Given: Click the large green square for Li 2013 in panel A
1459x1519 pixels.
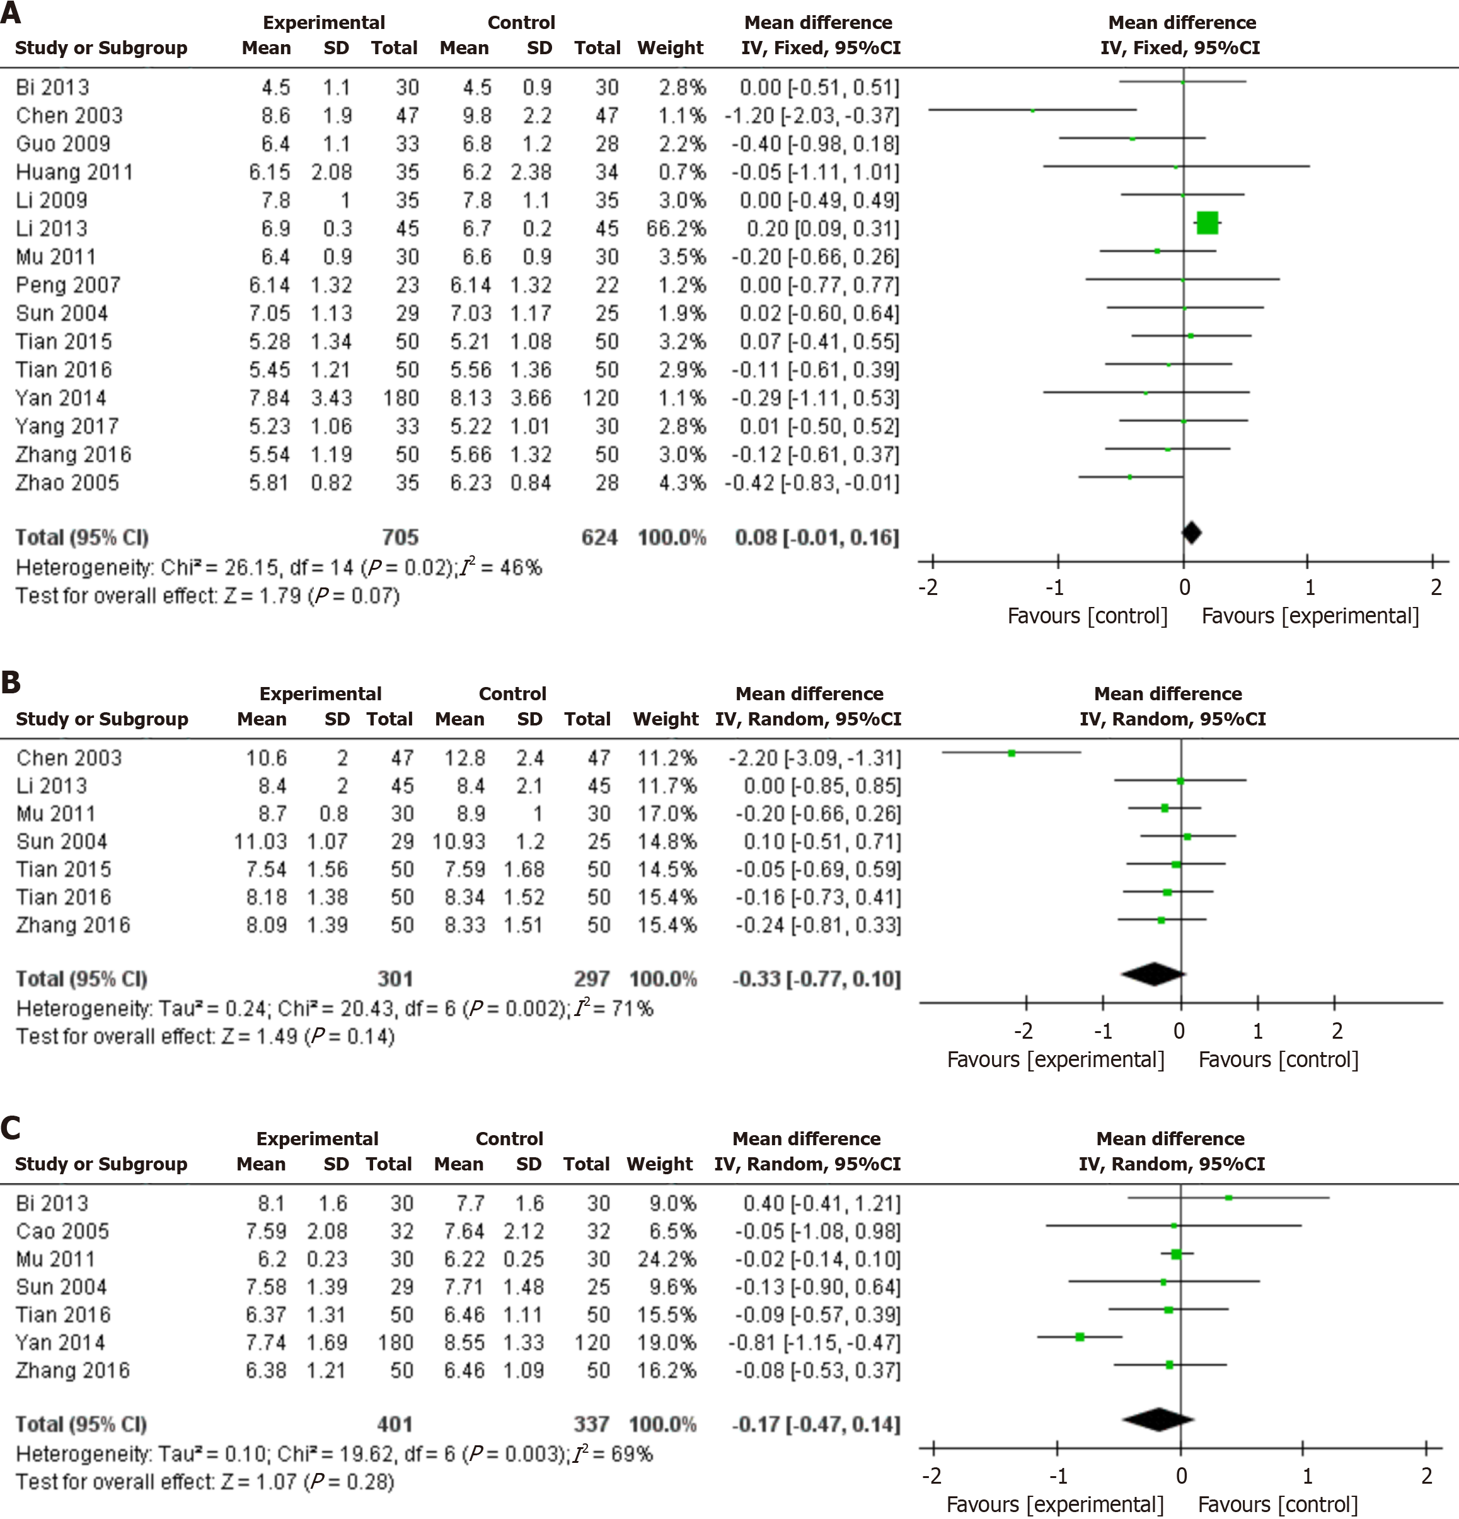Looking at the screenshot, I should click(1207, 223).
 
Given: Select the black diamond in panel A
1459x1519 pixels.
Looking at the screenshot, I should click(1192, 533).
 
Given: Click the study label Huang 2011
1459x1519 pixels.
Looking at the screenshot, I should click(74, 172).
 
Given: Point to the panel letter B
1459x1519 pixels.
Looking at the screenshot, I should click(11, 682).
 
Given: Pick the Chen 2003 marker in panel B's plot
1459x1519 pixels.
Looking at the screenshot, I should click(1011, 753).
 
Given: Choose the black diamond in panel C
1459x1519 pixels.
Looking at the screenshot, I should click(1158, 1419).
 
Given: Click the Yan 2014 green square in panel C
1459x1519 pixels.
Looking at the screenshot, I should click(1080, 1336).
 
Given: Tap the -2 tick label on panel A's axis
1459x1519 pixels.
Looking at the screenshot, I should click(928, 587).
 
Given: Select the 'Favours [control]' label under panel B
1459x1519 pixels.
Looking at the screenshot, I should click(1279, 1060).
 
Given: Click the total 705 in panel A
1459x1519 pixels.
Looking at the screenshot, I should click(400, 537).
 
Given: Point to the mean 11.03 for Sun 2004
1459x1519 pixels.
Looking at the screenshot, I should click(260, 841).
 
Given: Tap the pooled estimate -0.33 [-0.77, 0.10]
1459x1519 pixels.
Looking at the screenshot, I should click(817, 979).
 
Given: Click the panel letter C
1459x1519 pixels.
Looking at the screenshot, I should click(11, 1128).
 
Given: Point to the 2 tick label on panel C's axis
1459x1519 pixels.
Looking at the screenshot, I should click(1426, 1475).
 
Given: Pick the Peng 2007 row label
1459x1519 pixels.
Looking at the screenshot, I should click(68, 285).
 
